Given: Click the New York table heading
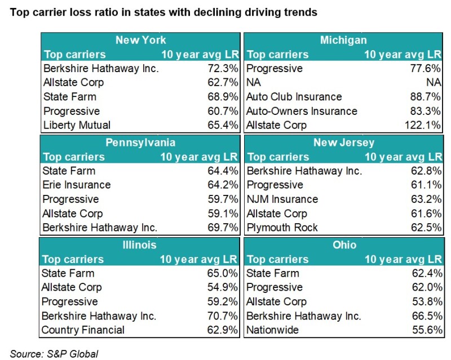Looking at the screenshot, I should [140, 40].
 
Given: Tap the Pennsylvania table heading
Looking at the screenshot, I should [140, 143].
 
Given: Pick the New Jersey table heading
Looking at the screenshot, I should [344, 143].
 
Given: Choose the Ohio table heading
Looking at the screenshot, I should [344, 245].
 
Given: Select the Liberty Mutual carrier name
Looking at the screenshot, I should [77, 125].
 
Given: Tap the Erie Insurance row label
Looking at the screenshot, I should [77, 185].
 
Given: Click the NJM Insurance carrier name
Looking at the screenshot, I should [282, 199].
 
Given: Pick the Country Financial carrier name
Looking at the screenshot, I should [83, 330].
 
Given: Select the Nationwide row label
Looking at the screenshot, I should [273, 330].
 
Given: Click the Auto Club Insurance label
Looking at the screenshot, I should [294, 97].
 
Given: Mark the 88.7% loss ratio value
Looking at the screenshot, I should [426, 97].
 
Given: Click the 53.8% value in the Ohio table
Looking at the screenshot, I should [426, 301].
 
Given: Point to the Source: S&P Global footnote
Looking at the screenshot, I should [54, 353].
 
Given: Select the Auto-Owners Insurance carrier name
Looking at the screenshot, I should [302, 111].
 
